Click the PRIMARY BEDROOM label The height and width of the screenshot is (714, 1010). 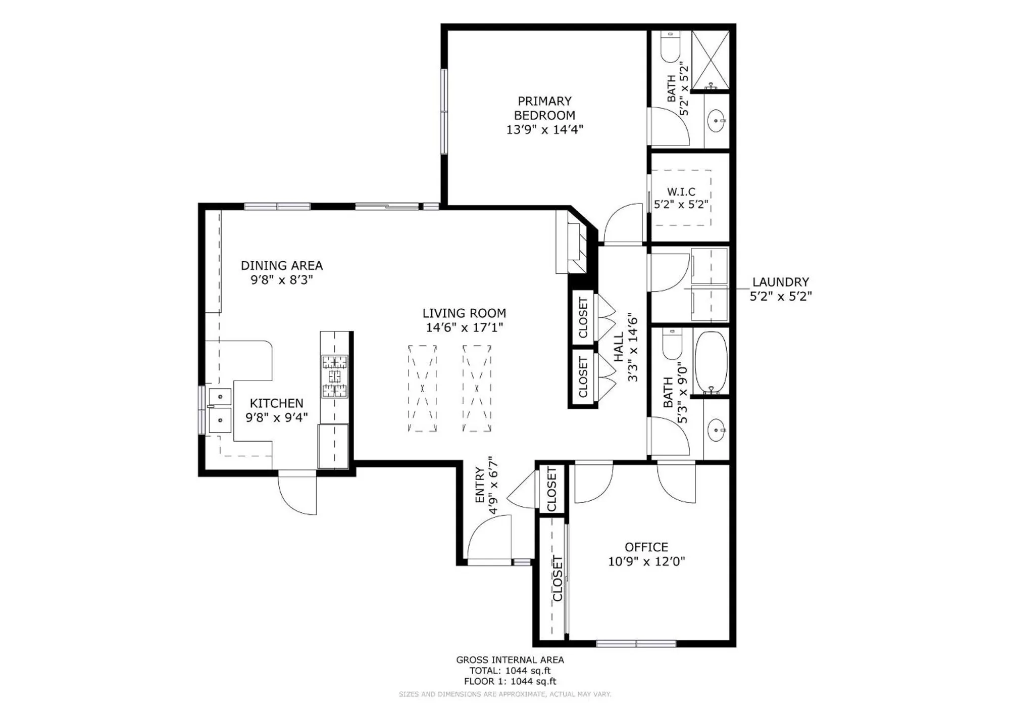click(544, 108)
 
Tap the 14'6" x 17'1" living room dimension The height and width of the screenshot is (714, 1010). click(464, 327)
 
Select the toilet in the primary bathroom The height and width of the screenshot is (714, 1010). click(671, 47)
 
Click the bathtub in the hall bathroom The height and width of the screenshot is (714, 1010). click(711, 362)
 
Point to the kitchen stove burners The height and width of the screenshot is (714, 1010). click(335, 376)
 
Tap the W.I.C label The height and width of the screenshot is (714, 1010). click(681, 192)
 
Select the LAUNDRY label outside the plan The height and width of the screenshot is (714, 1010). click(780, 282)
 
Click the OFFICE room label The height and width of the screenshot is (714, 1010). click(646, 547)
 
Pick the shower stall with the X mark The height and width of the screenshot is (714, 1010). click(710, 60)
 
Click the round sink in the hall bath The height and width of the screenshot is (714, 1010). click(716, 431)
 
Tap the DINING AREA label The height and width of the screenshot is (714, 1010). click(281, 265)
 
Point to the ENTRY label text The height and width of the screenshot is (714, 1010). click(480, 485)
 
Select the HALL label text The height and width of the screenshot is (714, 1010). click(619, 347)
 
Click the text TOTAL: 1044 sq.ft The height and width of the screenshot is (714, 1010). click(510, 671)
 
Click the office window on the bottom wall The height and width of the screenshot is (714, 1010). click(636, 643)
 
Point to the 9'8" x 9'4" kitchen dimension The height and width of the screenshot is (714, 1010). click(276, 417)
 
